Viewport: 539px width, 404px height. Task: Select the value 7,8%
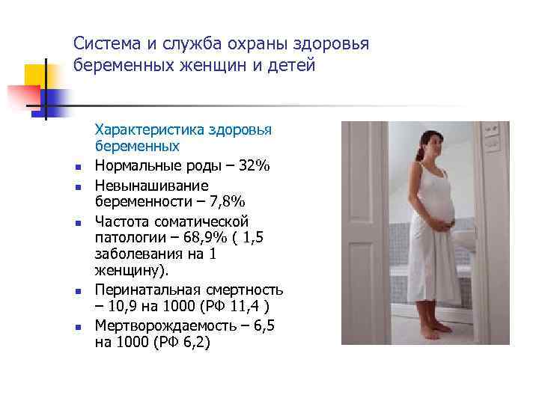click(223, 202)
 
